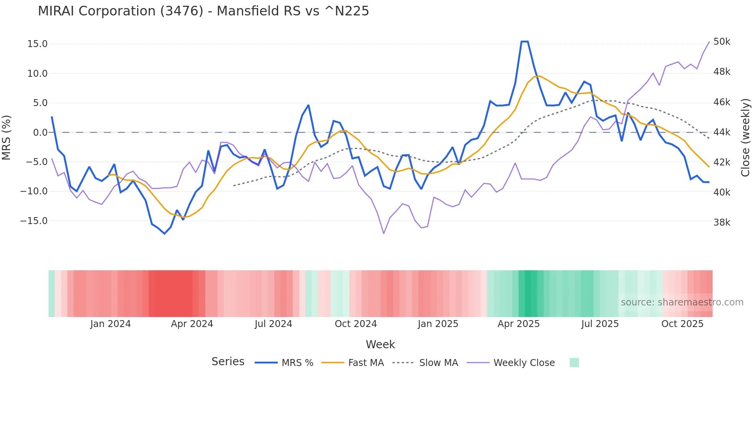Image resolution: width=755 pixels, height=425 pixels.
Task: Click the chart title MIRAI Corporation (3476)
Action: tap(203, 11)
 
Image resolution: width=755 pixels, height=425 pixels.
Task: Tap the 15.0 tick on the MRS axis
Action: tap(37, 44)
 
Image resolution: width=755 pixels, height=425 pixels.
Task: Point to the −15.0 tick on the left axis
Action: tap(34, 221)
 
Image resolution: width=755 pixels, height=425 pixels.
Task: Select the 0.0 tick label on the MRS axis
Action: tap(40, 133)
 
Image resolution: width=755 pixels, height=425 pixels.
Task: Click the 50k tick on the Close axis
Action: tap(721, 42)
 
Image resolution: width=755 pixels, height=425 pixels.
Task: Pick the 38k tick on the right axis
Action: tap(721, 223)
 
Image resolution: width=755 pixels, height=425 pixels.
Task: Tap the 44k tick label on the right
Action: tap(721, 132)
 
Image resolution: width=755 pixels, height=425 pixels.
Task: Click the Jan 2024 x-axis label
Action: tap(111, 324)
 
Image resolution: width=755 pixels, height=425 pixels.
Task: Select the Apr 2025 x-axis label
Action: tap(518, 324)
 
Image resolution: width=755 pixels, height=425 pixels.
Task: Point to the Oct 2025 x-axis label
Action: tap(682, 324)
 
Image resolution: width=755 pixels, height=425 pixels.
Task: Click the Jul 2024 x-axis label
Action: tap(273, 324)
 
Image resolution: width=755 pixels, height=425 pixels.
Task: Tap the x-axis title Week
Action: tap(380, 344)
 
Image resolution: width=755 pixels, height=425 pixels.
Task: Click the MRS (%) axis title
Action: tap(7, 137)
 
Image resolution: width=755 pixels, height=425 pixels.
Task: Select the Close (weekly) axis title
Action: tap(745, 138)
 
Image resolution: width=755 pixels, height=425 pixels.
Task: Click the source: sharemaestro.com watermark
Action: tap(682, 302)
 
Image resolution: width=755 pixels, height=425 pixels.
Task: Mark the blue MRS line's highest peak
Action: tap(524, 42)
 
